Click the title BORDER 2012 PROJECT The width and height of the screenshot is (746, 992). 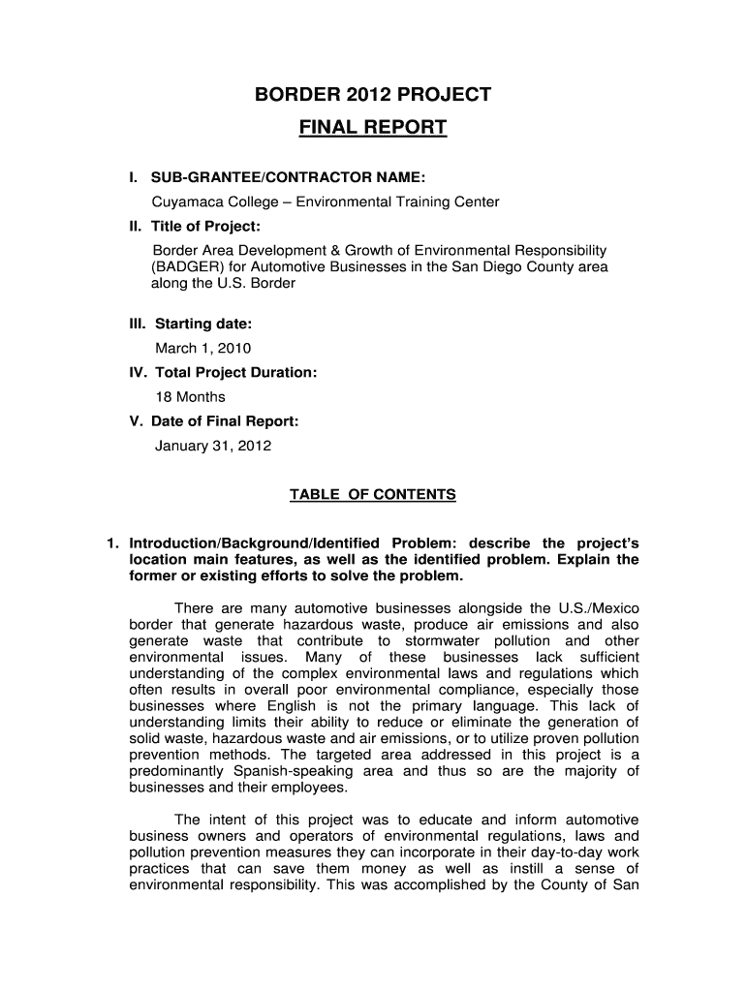(x=372, y=95)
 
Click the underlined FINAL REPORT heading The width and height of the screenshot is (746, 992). (x=372, y=128)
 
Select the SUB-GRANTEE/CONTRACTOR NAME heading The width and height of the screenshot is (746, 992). (x=287, y=178)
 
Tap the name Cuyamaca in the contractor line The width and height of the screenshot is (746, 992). (x=181, y=202)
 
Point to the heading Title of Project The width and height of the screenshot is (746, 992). (x=204, y=226)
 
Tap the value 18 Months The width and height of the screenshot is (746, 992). (x=190, y=397)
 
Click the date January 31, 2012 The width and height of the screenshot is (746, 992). (x=213, y=447)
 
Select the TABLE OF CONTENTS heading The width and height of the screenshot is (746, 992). (x=372, y=495)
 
